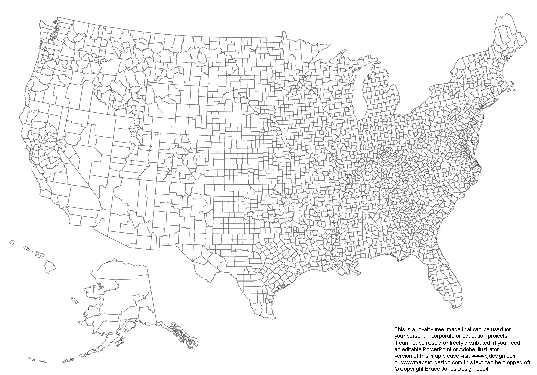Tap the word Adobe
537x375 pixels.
click(465, 349)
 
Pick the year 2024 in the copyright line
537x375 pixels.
click(482, 368)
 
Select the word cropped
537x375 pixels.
click(505, 362)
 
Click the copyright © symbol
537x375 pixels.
click(397, 368)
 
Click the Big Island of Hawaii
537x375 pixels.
click(50, 266)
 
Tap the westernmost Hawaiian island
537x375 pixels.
click(12, 242)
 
